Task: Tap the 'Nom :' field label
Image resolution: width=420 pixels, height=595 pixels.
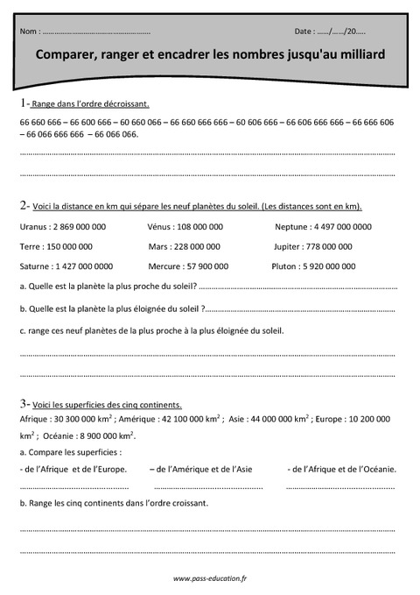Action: pyautogui.click(x=29, y=31)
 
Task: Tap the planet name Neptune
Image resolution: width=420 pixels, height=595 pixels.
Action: pyautogui.click(x=290, y=226)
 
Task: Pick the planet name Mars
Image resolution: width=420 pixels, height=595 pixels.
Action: pyautogui.click(x=158, y=246)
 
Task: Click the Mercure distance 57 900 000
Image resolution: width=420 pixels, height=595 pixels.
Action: pyautogui.click(x=204, y=266)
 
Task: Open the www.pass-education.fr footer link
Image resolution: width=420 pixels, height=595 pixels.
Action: pyautogui.click(x=209, y=579)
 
